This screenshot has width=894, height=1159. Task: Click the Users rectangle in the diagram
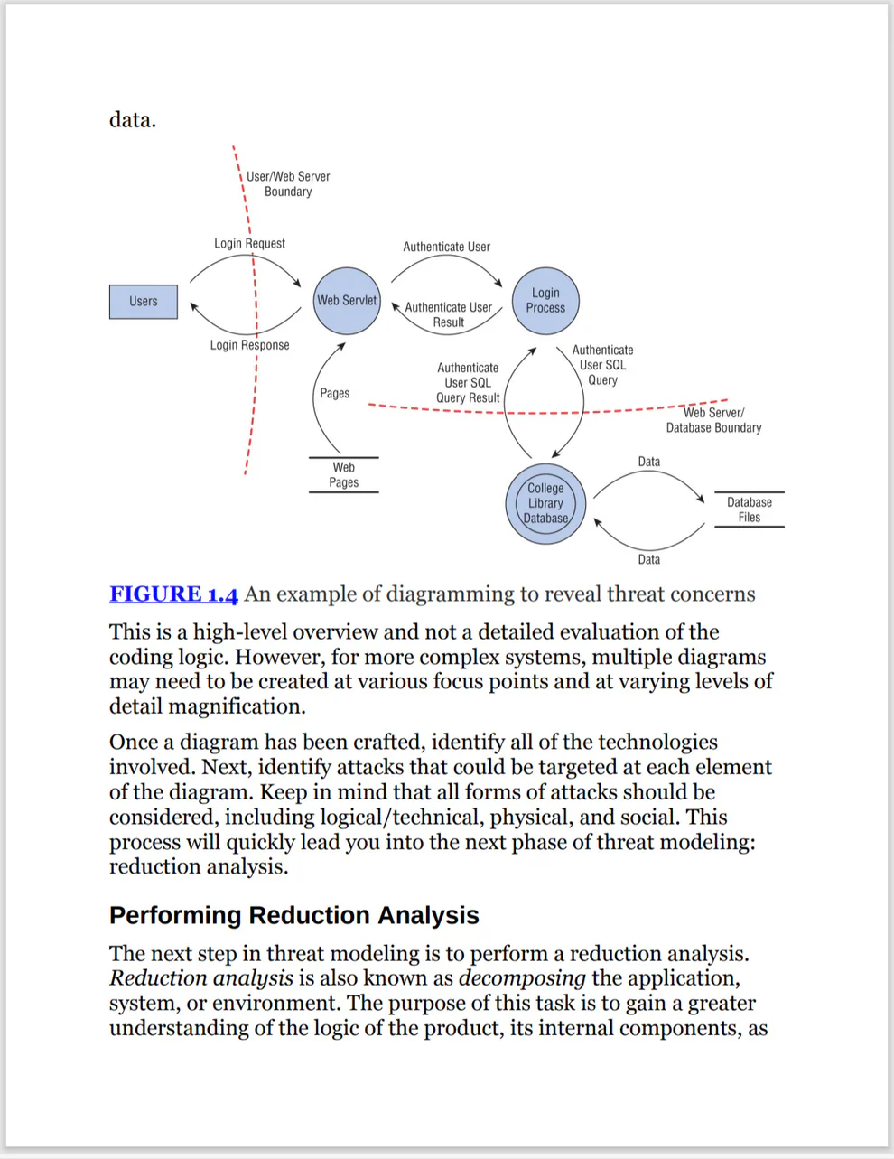coord(144,302)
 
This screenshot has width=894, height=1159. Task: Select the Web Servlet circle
coord(347,301)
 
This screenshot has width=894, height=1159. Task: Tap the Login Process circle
coord(545,301)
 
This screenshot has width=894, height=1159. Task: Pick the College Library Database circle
coord(545,504)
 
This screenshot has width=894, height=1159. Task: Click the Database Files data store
coord(750,510)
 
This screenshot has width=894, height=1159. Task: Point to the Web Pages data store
coord(344,475)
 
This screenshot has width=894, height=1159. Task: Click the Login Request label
coord(249,243)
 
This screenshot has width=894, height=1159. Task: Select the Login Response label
coord(249,345)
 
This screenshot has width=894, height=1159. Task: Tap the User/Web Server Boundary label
coord(288,184)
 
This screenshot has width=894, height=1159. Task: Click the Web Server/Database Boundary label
coord(713,420)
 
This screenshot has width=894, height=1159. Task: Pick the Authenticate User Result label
coord(448,314)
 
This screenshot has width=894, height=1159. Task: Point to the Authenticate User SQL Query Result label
coord(468,383)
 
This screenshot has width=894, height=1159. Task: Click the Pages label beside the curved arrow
coord(334,393)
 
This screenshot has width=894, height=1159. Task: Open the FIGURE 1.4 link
coord(173,594)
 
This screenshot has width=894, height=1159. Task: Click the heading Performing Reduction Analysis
coord(293,915)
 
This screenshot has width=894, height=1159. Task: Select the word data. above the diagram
coord(133,120)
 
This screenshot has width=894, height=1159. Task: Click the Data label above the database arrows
coord(648,462)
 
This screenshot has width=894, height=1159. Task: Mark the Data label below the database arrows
coord(648,560)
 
